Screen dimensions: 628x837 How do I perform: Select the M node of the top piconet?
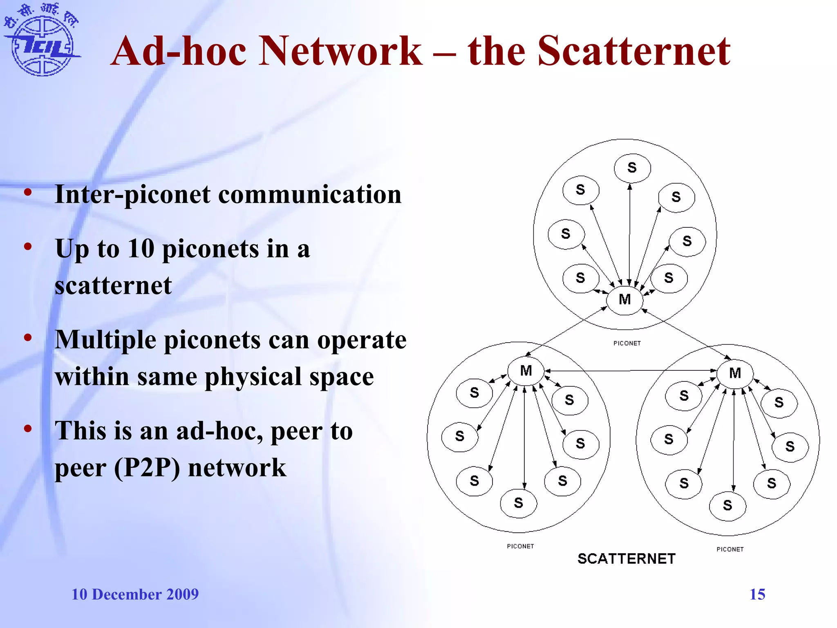(x=624, y=300)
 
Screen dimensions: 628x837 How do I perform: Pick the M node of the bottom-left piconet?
(x=526, y=371)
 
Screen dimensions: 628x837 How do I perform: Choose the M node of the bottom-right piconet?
(x=735, y=373)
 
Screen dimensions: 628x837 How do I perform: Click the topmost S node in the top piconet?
(x=632, y=168)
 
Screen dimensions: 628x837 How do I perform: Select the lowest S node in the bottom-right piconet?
(x=727, y=505)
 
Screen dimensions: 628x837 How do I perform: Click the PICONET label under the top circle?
(x=627, y=343)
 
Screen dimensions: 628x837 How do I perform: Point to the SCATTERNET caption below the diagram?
(x=626, y=559)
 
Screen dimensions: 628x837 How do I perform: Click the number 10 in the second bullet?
(x=141, y=249)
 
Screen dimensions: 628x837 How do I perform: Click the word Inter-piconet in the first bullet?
(x=133, y=195)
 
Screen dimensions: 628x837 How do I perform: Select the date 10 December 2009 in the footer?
(x=135, y=594)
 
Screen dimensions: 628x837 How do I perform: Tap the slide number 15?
(x=757, y=594)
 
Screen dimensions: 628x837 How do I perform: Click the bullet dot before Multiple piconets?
(x=28, y=338)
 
